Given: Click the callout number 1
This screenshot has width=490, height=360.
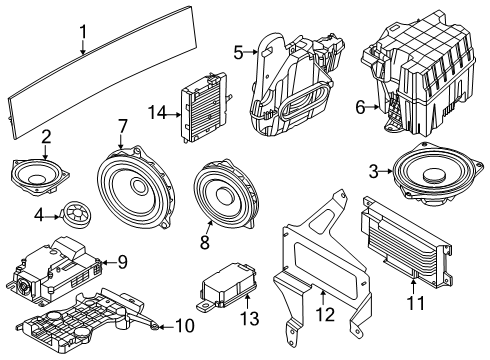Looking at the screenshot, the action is (83, 32).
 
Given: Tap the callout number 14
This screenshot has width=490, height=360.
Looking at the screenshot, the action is (157, 113).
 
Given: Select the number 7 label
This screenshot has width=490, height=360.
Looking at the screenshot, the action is (123, 127).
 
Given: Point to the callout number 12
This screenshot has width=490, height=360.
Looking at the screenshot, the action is (325, 314).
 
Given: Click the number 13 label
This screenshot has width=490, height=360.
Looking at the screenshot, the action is (249, 318).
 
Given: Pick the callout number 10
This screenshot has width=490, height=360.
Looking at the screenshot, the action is (185, 326).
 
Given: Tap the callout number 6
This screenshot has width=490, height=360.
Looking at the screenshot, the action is (360, 107).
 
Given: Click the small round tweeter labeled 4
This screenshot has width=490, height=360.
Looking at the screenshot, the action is (76, 215).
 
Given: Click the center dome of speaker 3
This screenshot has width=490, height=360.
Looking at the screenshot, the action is (433, 175).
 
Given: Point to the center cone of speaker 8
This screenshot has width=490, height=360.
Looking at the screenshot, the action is (223, 195).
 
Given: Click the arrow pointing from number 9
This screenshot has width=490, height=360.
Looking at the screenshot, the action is (108, 263).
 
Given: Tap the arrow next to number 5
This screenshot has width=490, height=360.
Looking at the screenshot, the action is (251, 52).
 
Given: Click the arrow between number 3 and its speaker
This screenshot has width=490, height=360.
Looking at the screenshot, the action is (387, 171).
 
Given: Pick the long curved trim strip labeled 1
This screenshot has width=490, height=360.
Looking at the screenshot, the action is (102, 72).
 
